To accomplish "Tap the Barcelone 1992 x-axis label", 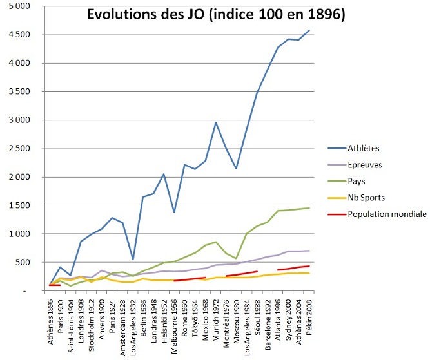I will [x=268, y=322].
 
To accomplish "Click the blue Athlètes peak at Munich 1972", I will [x=216, y=122].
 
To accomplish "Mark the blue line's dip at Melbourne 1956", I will [x=175, y=212].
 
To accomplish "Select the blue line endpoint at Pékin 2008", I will [x=309, y=30].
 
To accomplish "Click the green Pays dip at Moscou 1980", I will [x=237, y=258].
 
